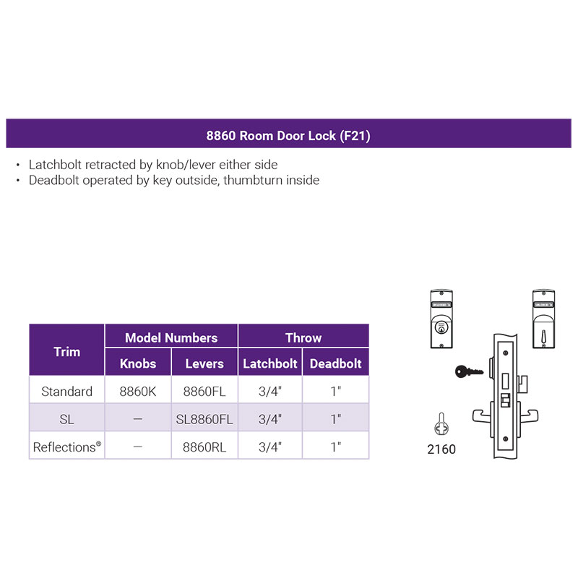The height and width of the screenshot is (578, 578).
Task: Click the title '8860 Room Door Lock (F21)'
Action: [288, 135]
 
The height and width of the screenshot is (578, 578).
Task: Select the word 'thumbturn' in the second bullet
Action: [254, 180]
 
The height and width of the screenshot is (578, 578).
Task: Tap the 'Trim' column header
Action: [67, 352]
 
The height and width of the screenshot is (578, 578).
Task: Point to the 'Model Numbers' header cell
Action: [171, 337]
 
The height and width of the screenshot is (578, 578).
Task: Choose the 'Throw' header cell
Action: [303, 337]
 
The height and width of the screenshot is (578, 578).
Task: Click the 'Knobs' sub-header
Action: [138, 363]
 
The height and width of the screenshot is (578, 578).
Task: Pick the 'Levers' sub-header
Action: [204, 363]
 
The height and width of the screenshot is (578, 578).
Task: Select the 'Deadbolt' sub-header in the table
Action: [335, 363]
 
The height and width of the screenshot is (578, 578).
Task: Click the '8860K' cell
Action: [138, 392]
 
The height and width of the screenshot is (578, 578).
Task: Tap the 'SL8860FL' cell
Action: [204, 419]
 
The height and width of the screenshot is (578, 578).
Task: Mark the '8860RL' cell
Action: [204, 447]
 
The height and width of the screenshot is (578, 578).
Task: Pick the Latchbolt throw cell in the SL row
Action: [269, 419]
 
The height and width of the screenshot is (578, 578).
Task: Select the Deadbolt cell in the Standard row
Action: [335, 392]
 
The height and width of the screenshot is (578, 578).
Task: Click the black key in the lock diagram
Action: [468, 372]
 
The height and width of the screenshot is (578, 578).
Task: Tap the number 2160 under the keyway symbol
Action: [441, 449]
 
